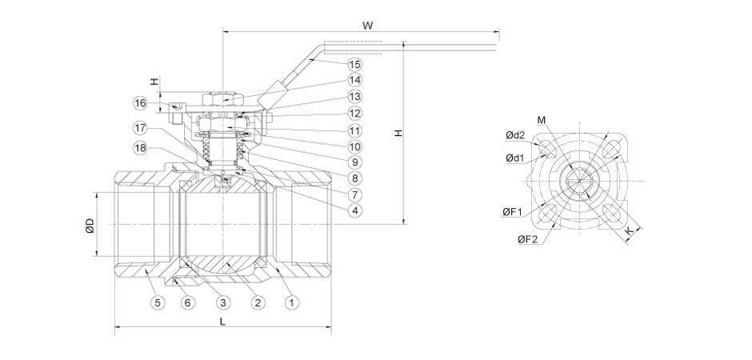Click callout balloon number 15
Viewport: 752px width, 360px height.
coord(355,63)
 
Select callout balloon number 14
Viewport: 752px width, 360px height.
coord(355,80)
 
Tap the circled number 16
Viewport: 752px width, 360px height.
coord(141,103)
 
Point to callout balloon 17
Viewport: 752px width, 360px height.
coord(141,127)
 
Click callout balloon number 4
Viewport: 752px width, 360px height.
coord(355,210)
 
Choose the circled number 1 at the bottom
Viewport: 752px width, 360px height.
coord(293,302)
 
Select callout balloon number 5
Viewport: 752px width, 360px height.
coord(158,302)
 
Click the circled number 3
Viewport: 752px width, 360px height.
coord(223,302)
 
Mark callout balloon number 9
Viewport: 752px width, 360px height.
coord(355,162)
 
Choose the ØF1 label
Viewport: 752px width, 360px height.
coord(512,211)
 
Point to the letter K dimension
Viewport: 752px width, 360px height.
coord(630,230)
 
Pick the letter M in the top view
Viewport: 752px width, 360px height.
coord(542,120)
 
